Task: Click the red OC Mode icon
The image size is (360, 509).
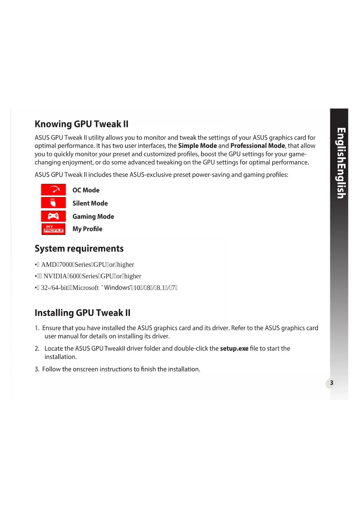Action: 53,190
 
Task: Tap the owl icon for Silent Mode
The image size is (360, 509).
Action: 53,203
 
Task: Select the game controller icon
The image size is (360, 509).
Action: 53,216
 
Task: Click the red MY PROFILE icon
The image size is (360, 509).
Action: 53,229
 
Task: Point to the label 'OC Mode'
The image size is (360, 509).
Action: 86,190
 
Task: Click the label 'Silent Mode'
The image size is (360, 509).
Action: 90,203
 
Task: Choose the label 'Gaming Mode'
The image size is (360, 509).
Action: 93,216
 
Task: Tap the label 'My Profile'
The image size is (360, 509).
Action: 87,229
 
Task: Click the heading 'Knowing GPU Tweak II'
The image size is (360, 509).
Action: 82,124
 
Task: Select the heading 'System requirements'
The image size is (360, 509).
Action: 79,248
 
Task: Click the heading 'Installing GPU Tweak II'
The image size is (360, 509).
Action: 83,313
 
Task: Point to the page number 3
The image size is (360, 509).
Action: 332,383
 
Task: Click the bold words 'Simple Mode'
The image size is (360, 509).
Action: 198,146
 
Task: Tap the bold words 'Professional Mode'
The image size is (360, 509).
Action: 258,146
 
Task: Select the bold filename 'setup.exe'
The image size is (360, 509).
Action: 234,348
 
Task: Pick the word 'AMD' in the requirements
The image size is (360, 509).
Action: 49,264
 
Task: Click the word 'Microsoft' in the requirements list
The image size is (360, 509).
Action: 86,288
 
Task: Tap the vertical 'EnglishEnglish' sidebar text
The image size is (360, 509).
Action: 341,163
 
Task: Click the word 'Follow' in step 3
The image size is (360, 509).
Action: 51,369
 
